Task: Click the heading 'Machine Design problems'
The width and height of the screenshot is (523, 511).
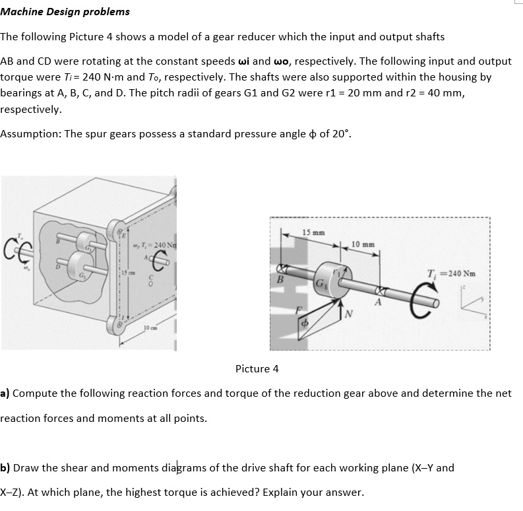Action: pyautogui.click(x=65, y=11)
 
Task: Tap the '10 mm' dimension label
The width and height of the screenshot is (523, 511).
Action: pyautogui.click(x=364, y=245)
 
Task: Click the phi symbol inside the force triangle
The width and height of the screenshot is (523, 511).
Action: pyautogui.click(x=305, y=324)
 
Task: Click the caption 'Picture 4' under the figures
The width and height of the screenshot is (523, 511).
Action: pyautogui.click(x=257, y=368)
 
